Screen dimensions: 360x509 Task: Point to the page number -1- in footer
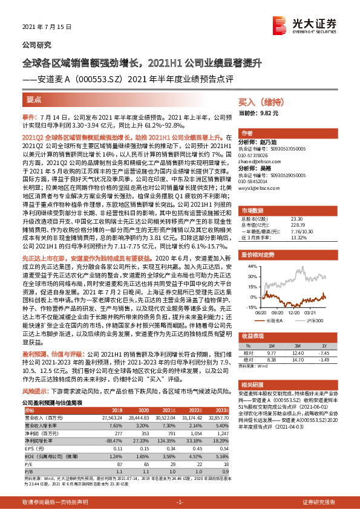[x=180, y=502]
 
